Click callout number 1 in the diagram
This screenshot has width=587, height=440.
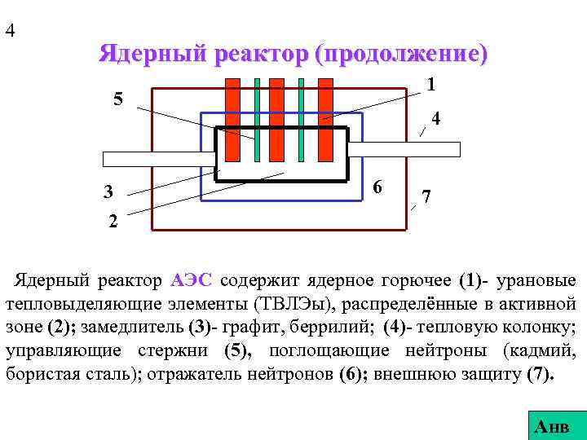430,84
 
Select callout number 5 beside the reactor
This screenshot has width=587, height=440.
118,100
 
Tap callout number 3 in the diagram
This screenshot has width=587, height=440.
108,193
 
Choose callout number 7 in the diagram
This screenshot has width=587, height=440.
426,196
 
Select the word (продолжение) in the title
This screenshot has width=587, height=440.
405,55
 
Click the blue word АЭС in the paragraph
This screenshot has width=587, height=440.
192,281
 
